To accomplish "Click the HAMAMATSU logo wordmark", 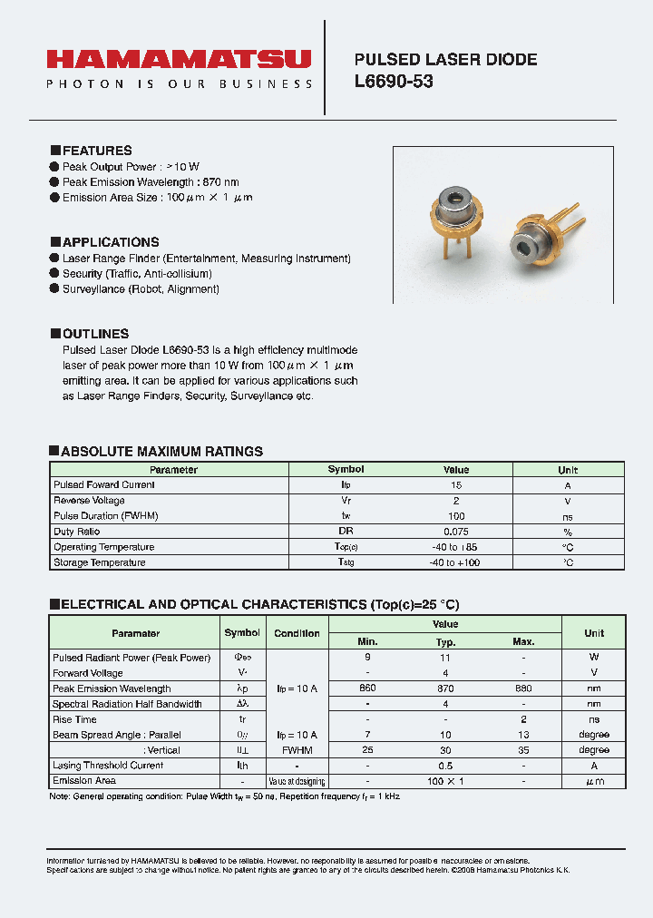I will [179, 60].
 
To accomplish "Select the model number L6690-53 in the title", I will [394, 82].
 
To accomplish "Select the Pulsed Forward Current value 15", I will [456, 485].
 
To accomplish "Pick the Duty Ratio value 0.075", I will [456, 532].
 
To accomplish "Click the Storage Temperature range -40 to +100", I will [456, 562].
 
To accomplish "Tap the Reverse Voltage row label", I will [89, 501].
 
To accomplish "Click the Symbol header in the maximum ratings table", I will [346, 470].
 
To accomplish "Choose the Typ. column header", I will [445, 641].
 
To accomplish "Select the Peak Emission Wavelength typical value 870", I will [445, 688].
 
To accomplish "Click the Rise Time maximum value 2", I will [523, 719].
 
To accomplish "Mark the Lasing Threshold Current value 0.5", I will [445, 766].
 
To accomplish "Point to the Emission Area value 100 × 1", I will [445, 781].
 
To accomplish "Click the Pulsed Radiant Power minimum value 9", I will [367, 657].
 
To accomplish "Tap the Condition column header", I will [297, 633].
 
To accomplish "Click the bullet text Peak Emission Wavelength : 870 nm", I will [151, 182].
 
